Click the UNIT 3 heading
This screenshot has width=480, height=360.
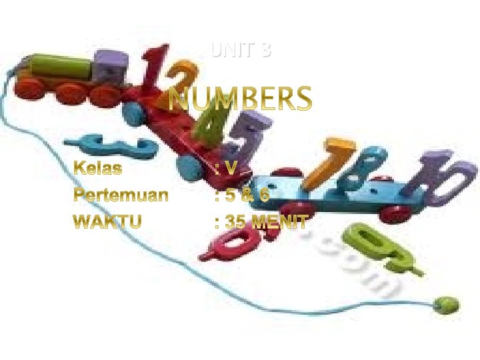(x=241, y=50)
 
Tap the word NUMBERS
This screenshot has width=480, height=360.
(x=241, y=101)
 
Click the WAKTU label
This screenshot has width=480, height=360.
(x=107, y=221)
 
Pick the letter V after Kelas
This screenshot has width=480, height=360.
(x=230, y=168)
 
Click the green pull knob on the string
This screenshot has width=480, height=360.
(x=446, y=304)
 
